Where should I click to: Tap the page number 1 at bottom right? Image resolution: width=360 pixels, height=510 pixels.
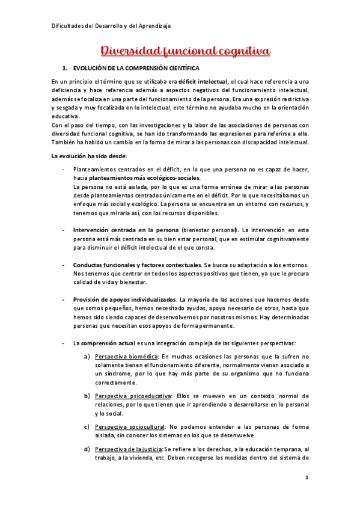point(307,478)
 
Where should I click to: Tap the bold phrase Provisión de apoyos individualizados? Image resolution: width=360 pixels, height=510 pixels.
point(125,300)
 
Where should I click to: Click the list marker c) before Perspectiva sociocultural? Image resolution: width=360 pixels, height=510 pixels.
point(88,426)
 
